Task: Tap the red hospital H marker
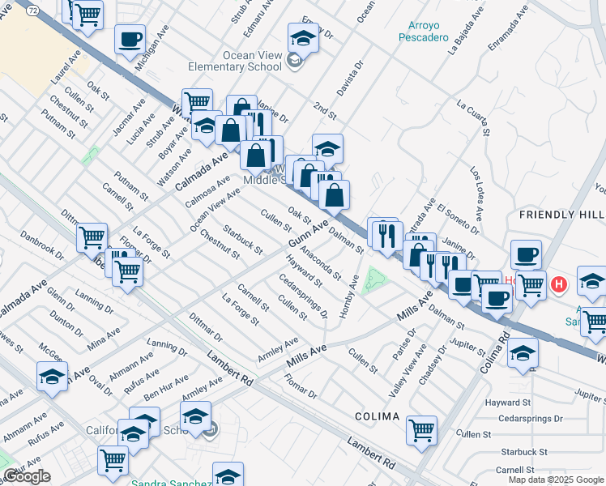pos(558,285)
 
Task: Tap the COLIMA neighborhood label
pos(377,416)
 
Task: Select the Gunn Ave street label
pos(308,236)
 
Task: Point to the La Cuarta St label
pos(475,118)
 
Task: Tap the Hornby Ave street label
pos(348,296)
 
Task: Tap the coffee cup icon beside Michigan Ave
pos(130,39)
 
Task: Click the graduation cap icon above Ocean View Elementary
pos(303,38)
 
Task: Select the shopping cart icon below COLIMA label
pos(421,431)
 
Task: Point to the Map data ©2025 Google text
pos(556,480)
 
